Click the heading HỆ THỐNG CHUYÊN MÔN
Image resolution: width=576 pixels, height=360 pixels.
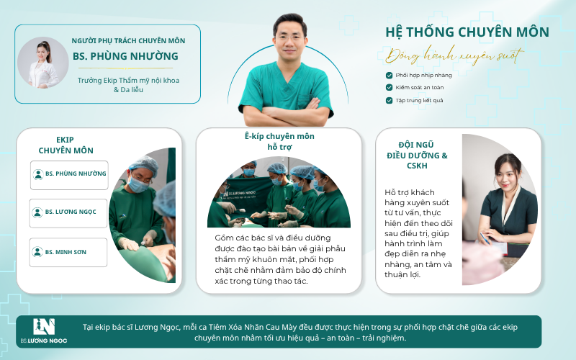pyautogui.click(x=467, y=32)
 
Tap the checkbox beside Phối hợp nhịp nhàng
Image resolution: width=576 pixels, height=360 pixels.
pyautogui.click(x=389, y=76)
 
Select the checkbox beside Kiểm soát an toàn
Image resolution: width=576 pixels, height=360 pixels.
pyautogui.click(x=389, y=87)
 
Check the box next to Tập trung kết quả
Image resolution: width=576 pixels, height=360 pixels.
pyautogui.click(x=389, y=100)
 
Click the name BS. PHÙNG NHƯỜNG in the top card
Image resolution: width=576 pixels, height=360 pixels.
pyautogui.click(x=125, y=56)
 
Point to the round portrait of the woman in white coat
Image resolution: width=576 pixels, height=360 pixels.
pyautogui.click(x=43, y=63)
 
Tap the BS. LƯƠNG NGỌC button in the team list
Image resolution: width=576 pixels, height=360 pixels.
pyautogui.click(x=68, y=213)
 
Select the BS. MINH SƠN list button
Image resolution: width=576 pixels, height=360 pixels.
pyautogui.click(x=68, y=253)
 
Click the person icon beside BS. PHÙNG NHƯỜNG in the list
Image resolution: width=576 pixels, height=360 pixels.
pyautogui.click(x=38, y=174)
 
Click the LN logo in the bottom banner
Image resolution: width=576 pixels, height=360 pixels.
pyautogui.click(x=44, y=327)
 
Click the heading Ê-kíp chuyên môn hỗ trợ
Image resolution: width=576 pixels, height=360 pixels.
pyautogui.click(x=279, y=141)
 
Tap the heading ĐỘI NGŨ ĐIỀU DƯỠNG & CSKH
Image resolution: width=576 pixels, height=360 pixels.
pyautogui.click(x=417, y=156)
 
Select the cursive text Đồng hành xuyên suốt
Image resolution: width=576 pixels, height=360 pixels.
pyautogui.click(x=454, y=56)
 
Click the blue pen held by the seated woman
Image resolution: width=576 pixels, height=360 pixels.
pyautogui.click(x=485, y=238)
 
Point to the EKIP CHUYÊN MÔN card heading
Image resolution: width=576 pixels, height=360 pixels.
pyautogui.click(x=66, y=145)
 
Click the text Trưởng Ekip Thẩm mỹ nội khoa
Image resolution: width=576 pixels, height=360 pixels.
pyautogui.click(x=128, y=81)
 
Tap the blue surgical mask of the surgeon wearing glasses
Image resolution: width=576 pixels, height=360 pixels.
pyautogui.click(x=138, y=185)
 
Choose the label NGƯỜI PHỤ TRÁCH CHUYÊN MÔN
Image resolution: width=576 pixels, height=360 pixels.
pyautogui.click(x=128, y=41)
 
